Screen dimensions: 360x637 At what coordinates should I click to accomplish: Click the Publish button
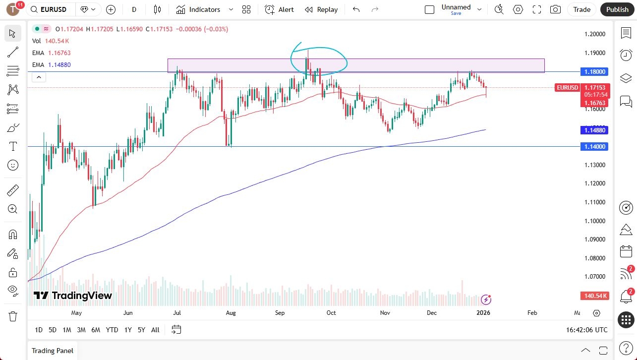pos(617,9)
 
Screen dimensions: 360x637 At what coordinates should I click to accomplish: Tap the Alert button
pos(279,9)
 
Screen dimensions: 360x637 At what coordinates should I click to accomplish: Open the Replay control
pos(321,9)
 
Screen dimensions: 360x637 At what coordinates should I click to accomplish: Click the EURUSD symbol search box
pos(52,9)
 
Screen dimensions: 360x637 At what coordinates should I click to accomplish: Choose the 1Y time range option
pos(128,330)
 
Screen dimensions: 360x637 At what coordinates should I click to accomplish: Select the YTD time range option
pos(112,330)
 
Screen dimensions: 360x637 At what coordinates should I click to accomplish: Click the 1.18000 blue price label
pos(594,72)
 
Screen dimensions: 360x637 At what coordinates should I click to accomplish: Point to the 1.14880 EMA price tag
pos(594,130)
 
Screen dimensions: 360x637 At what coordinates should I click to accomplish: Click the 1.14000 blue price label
pos(594,147)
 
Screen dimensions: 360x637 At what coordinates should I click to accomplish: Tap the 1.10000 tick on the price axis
pos(594,221)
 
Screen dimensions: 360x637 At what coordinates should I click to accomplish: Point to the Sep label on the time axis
pos(280,313)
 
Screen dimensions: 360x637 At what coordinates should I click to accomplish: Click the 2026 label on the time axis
pos(483,313)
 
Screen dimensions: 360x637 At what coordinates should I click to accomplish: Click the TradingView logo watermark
pos(73,296)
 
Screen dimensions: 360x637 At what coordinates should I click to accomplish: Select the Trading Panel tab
pos(53,351)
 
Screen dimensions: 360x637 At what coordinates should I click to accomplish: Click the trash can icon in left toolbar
pos(13,316)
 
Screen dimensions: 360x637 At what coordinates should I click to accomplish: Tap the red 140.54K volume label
pos(594,296)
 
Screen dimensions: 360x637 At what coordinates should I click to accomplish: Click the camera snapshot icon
pos(556,9)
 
